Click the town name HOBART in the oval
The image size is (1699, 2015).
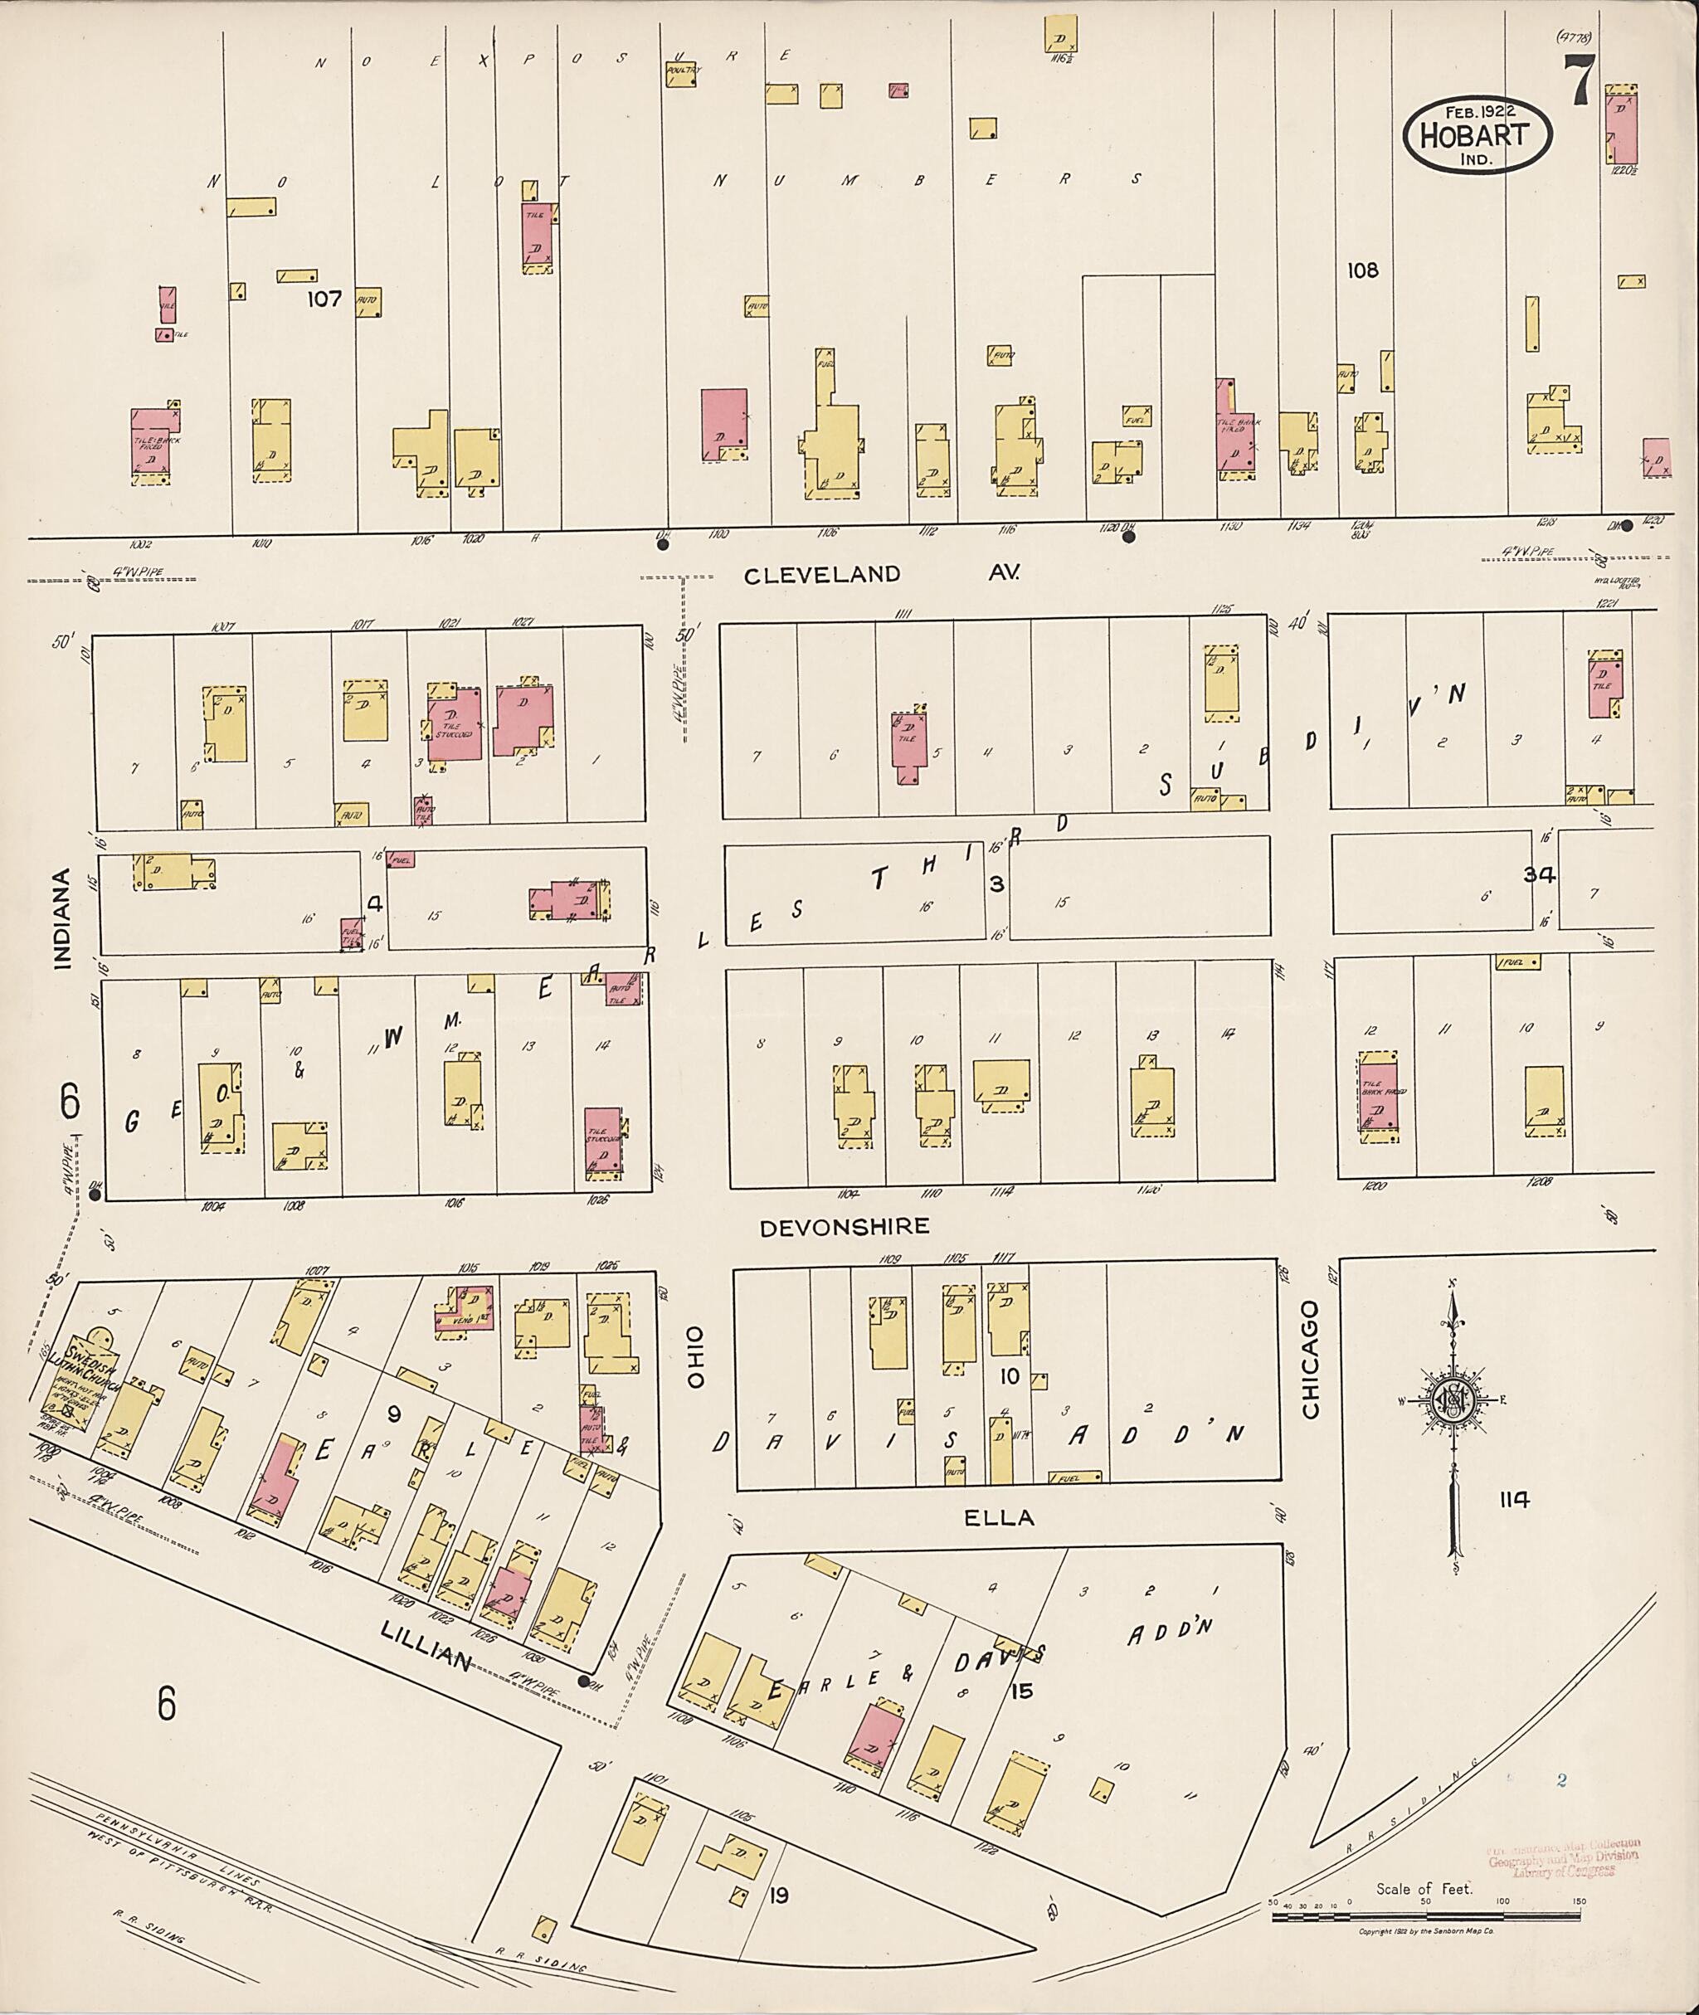coord(1478,135)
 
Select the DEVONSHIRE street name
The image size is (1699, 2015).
coord(845,1226)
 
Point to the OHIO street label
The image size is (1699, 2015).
coord(695,1358)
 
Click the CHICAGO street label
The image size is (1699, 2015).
coord(1310,1360)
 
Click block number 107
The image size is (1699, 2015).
coord(324,299)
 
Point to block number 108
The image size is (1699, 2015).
coord(1363,270)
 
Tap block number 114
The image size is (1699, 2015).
coord(1514,1500)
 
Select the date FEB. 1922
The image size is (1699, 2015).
coord(1478,111)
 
